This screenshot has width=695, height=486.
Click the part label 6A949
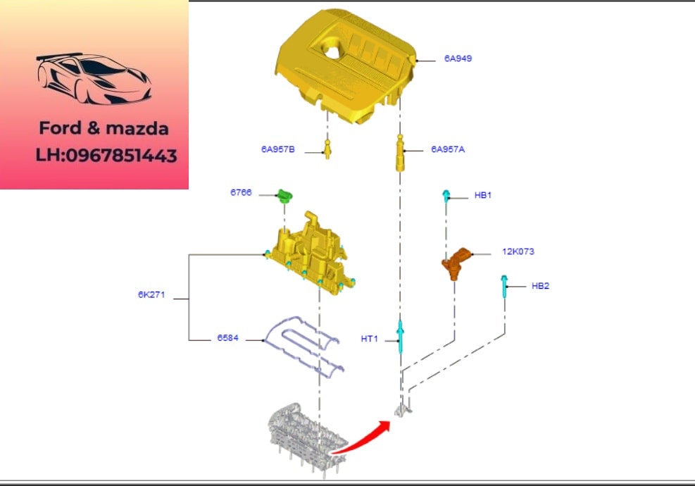point(458,58)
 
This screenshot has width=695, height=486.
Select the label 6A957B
point(278,149)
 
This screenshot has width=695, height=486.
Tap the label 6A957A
point(448,149)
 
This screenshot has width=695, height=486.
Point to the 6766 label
point(241,192)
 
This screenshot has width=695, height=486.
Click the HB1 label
point(483,195)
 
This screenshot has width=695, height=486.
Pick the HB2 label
point(540,285)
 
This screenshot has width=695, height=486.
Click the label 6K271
point(151,294)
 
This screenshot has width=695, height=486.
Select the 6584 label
point(227,338)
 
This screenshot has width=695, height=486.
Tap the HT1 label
point(370,339)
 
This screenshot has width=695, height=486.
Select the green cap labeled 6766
point(284,195)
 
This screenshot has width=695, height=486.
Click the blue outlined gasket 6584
point(303,344)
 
